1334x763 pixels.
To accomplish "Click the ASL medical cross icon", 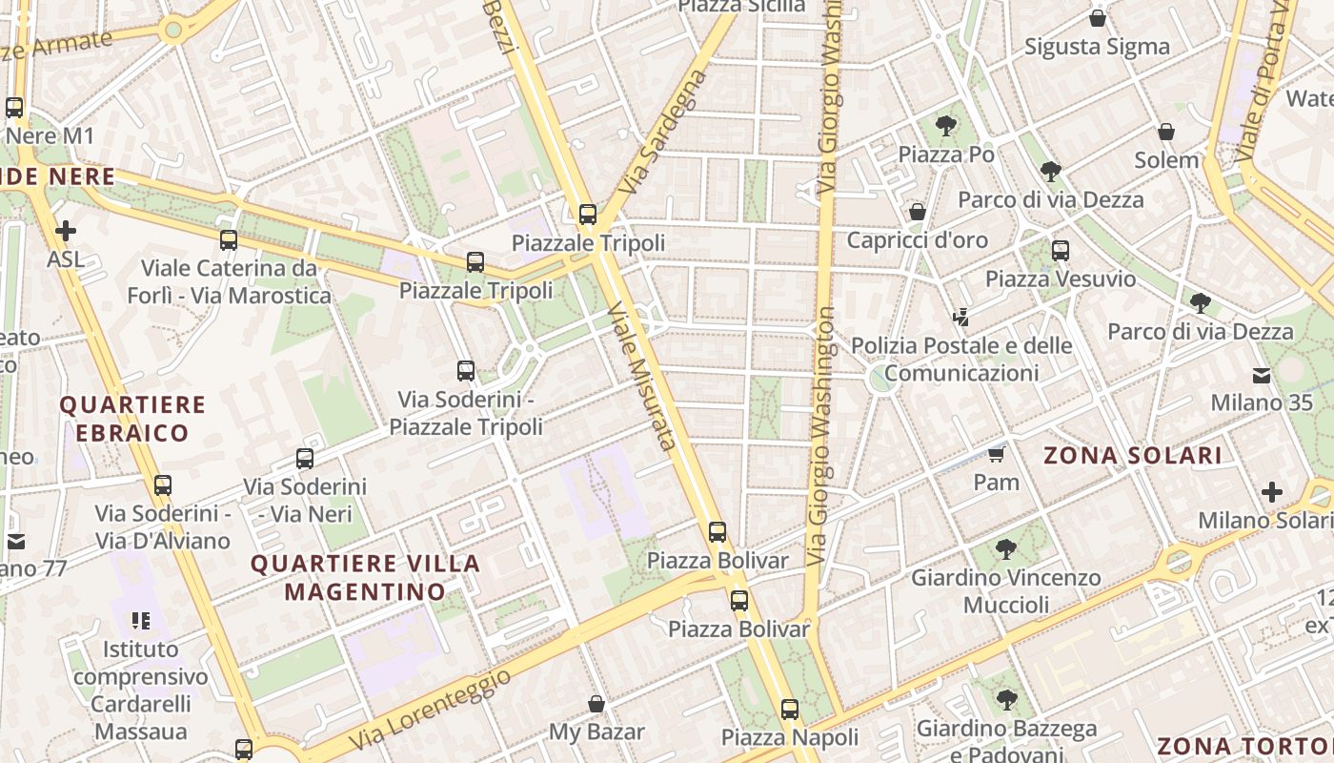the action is pyautogui.click(x=66, y=231).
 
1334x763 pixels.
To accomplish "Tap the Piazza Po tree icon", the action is pyautogui.click(x=946, y=125).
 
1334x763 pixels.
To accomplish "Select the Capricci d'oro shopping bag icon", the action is pyautogui.click(x=918, y=212).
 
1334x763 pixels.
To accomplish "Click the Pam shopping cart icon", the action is pyautogui.click(x=997, y=454).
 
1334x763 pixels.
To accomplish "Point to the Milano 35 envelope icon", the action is pyautogui.click(x=1262, y=375).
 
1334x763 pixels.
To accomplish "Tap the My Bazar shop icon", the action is pyautogui.click(x=596, y=705).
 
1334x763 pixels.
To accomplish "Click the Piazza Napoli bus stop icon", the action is pyautogui.click(x=790, y=710).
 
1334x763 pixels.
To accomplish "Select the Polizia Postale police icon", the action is pyautogui.click(x=961, y=317).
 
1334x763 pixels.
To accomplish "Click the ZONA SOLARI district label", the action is pyautogui.click(x=1132, y=456).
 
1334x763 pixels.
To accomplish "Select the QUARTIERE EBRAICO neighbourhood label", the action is pyautogui.click(x=132, y=419).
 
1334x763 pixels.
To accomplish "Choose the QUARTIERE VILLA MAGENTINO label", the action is pyautogui.click(x=365, y=577).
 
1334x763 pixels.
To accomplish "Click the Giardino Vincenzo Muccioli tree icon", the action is pyautogui.click(x=1005, y=549).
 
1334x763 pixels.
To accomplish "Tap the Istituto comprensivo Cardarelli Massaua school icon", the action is pyautogui.click(x=141, y=622).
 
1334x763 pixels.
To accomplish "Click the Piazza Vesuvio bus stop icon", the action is pyautogui.click(x=1061, y=251).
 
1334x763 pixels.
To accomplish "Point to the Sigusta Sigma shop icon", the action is pyautogui.click(x=1098, y=18).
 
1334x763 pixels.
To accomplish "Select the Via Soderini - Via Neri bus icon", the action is pyautogui.click(x=305, y=459).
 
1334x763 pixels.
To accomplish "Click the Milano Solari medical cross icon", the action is pyautogui.click(x=1272, y=493).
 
